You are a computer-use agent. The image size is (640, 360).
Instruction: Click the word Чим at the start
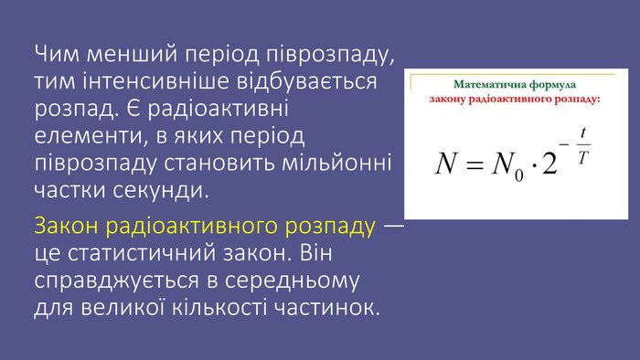(x=57, y=53)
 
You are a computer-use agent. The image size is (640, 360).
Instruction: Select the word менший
(x=132, y=53)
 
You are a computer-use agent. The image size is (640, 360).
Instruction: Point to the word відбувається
(x=307, y=80)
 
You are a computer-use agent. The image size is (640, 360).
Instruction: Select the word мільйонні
(x=336, y=163)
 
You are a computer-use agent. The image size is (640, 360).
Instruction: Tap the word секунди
(x=161, y=190)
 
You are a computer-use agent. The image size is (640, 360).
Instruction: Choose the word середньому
(x=292, y=281)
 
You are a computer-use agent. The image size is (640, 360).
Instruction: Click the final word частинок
(x=326, y=307)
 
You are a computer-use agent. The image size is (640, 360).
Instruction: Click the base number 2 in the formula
(x=549, y=164)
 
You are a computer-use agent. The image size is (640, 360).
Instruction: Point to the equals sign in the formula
(x=475, y=164)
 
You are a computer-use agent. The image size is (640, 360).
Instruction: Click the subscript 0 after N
(x=518, y=175)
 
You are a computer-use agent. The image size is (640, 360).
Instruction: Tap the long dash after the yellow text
(x=393, y=226)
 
